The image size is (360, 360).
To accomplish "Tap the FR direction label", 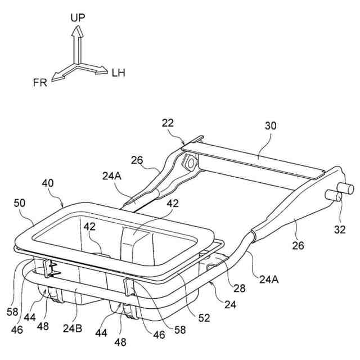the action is point(39,83).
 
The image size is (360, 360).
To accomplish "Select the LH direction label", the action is point(119,73).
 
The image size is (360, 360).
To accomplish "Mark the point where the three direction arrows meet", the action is point(77,63).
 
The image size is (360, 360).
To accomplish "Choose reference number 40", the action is point(48,184).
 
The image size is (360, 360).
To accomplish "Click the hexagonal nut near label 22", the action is point(190,163).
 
